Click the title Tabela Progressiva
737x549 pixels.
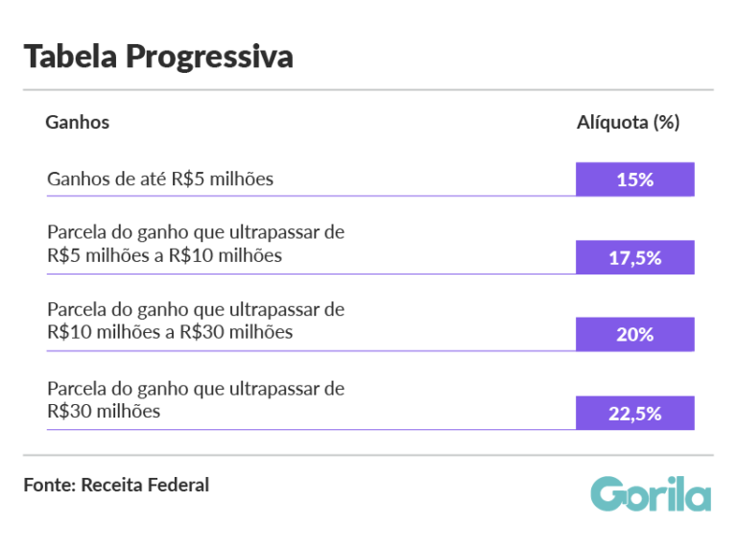pos(158,57)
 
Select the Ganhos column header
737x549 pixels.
pos(78,122)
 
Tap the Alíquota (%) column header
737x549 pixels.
pos(628,122)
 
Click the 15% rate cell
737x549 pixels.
pos(634,179)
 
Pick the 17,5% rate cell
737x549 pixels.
pos(634,257)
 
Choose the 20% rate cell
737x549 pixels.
pos(634,334)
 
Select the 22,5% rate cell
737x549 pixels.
pos(634,413)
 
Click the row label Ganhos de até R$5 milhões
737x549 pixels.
pos(160,179)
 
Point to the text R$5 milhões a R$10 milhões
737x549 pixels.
pos(164,255)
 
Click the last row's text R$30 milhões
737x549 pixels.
pos(103,411)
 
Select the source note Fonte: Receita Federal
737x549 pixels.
pos(116,485)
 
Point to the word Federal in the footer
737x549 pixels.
pos(177,485)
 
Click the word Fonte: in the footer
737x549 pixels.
pos(49,485)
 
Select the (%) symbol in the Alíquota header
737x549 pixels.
pos(666,122)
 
